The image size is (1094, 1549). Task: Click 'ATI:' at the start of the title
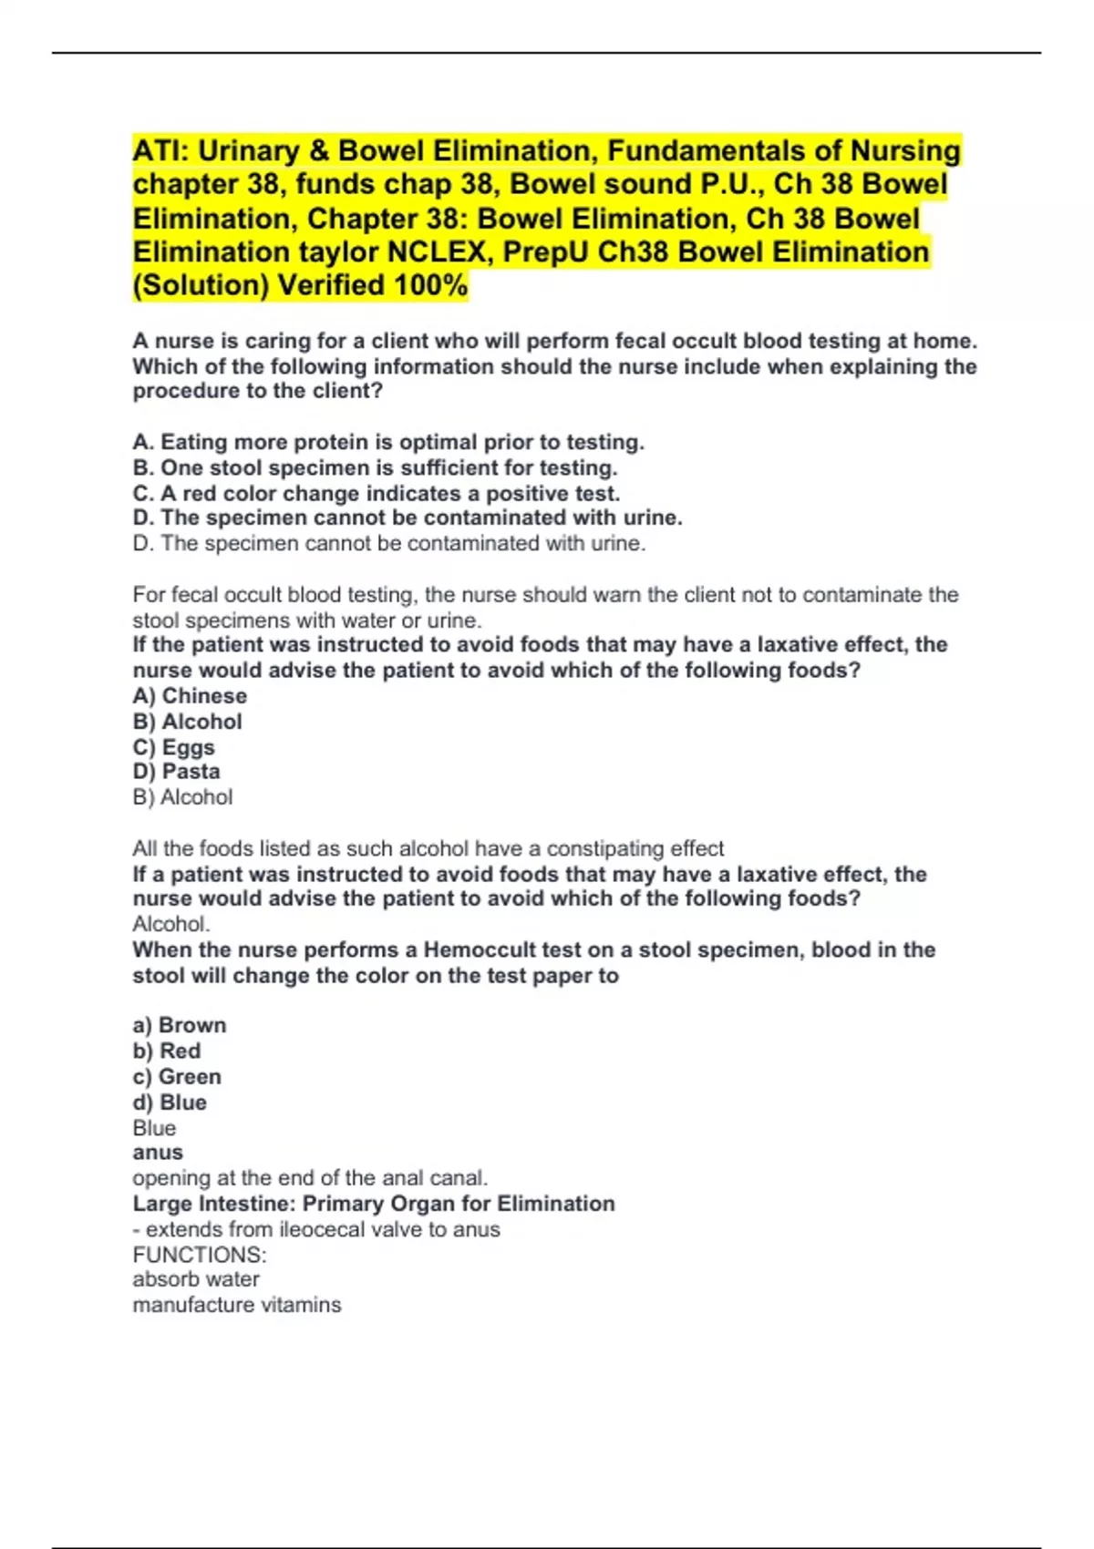160,150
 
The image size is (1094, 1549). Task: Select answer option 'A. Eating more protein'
388,442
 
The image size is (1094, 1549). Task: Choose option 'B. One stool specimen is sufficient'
375,467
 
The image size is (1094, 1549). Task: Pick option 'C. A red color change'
376,493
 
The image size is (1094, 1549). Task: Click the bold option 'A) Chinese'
190,695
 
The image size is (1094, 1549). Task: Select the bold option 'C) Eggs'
174,746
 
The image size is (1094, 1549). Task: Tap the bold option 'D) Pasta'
177,771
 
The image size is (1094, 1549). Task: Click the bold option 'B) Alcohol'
188,721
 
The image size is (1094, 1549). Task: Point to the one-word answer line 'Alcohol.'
171,923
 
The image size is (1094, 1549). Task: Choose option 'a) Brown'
180,1024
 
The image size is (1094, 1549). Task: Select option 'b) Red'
167,1050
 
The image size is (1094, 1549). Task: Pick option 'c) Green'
177,1076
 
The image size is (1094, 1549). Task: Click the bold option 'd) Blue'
170,1102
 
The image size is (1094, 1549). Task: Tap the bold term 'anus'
158,1152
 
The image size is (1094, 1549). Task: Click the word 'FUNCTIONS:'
200,1255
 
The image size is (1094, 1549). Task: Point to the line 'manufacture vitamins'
237,1305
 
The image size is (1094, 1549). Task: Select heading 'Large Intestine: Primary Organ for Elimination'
374,1203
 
